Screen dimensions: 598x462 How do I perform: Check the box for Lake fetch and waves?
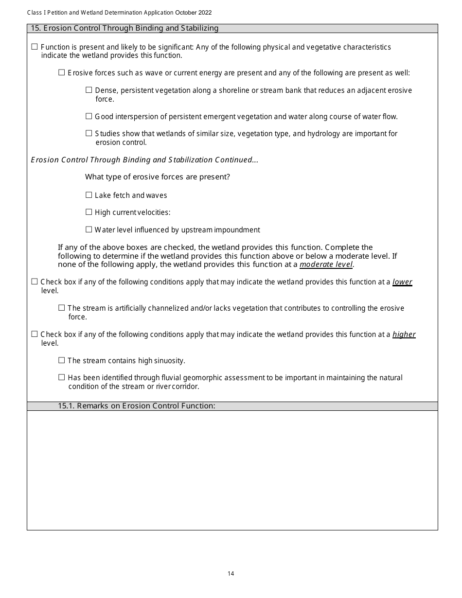pyautogui.click(x=89, y=195)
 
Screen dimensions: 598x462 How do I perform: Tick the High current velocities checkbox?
pyautogui.click(x=89, y=212)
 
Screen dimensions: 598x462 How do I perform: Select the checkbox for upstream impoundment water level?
pyautogui.click(x=89, y=229)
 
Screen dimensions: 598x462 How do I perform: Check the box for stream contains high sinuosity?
pyautogui.click(x=61, y=360)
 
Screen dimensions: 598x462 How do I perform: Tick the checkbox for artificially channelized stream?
pyautogui.click(x=61, y=308)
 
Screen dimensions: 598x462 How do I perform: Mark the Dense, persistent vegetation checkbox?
pyautogui.click(x=89, y=90)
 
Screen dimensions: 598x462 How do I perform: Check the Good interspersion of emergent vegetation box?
pyautogui.click(x=89, y=116)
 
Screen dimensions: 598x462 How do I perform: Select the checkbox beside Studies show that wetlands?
pyautogui.click(x=89, y=133)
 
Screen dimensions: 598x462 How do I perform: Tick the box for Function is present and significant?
pyautogui.click(x=35, y=47)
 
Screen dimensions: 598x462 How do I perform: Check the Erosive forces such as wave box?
pyautogui.click(x=61, y=73)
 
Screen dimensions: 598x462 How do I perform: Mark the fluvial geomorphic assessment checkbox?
pyautogui.click(x=61, y=377)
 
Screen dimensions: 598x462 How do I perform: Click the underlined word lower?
pyautogui.click(x=402, y=282)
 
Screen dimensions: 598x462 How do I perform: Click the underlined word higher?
pyautogui.click(x=404, y=334)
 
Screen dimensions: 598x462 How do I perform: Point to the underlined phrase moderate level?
pyautogui.click(x=326, y=264)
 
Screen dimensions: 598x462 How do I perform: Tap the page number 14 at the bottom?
pyautogui.click(x=231, y=574)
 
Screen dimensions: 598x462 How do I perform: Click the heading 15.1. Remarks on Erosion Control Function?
pyautogui.click(x=137, y=406)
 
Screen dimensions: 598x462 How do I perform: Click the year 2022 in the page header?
pyautogui.click(x=204, y=13)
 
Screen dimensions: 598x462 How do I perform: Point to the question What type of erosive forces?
pyautogui.click(x=157, y=177)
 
